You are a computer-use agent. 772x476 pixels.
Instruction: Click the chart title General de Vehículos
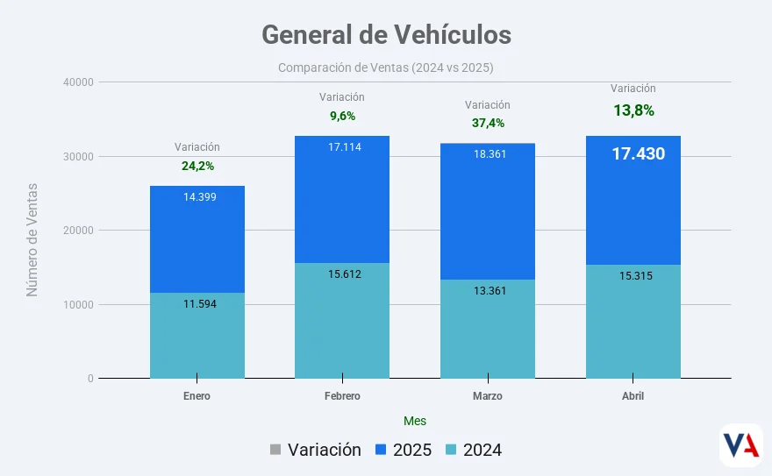(386, 34)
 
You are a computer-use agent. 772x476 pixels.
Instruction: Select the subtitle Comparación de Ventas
(386, 67)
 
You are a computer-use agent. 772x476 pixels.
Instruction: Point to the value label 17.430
(638, 154)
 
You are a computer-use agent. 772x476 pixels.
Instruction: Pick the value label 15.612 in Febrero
(345, 274)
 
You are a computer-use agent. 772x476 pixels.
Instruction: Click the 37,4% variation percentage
(488, 123)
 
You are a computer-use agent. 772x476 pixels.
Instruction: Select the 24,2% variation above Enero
(197, 165)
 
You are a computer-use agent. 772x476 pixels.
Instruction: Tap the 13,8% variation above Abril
(633, 110)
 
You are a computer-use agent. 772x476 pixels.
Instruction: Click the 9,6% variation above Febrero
(342, 116)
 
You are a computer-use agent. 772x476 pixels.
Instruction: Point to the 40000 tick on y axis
(78, 82)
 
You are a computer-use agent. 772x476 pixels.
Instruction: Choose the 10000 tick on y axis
(78, 305)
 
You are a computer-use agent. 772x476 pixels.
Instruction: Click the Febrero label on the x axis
(342, 396)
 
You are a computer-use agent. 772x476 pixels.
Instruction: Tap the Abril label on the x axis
(633, 396)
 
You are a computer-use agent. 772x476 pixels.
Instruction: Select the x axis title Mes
(415, 421)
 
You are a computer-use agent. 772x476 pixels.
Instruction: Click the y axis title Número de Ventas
(32, 239)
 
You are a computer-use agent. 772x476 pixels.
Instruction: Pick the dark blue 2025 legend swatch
(381, 451)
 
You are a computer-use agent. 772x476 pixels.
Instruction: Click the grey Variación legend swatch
(275, 451)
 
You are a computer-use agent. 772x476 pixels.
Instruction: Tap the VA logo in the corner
(740, 445)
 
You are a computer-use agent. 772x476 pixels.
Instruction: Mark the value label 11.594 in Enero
(200, 304)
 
